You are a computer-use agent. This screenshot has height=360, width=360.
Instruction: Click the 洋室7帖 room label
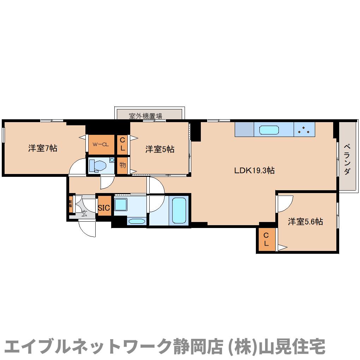[43, 148]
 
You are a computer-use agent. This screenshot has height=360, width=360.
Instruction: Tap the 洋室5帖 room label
[160, 149]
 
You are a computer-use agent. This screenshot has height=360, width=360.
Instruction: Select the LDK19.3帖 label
[254, 170]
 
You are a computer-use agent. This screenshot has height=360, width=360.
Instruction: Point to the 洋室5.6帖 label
[305, 222]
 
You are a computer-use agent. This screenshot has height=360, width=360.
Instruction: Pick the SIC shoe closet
[104, 208]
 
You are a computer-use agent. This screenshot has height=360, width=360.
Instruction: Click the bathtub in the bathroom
[179, 210]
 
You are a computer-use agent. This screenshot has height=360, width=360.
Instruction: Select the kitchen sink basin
[269, 130]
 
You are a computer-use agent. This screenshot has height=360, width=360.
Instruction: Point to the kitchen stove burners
[304, 130]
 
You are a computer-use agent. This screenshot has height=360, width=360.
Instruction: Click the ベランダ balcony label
[347, 159]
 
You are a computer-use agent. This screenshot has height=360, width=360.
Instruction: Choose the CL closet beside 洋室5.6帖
[266, 239]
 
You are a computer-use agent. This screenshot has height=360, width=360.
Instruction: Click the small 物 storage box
[122, 165]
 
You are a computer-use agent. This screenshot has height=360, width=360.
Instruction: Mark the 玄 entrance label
[84, 213]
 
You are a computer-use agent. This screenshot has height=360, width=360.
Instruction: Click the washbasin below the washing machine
[136, 221]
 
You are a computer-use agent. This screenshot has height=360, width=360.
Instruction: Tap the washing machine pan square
[121, 205]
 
